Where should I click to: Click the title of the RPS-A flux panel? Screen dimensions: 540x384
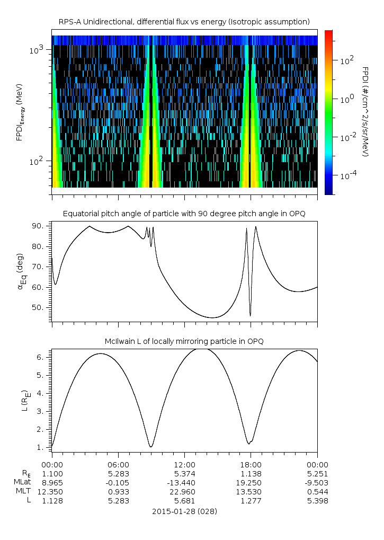(x=184, y=22)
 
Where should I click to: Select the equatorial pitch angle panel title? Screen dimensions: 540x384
(x=184, y=214)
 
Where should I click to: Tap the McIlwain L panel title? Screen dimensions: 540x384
(x=184, y=341)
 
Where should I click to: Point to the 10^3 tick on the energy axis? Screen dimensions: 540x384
(x=39, y=50)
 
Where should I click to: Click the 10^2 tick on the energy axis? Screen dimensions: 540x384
(x=39, y=161)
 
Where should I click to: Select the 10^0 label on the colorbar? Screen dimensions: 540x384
(x=347, y=99)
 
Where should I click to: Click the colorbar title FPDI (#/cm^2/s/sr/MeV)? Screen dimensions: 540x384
(x=365, y=112)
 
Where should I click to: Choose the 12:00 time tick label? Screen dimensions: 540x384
(x=184, y=464)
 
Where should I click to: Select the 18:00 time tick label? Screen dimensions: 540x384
(x=251, y=464)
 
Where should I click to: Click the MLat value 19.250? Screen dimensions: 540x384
(x=251, y=482)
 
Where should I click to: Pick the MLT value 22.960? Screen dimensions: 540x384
(x=184, y=491)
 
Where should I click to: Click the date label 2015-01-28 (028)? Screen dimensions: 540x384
(x=184, y=512)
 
